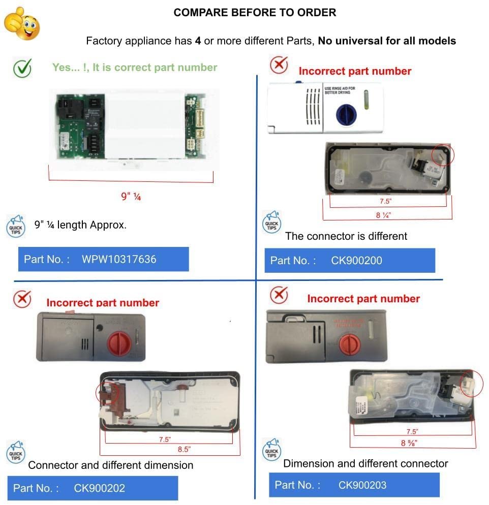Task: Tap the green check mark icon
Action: (22, 68)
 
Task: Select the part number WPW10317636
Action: (119, 259)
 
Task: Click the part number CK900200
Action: (356, 261)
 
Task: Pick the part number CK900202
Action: (100, 488)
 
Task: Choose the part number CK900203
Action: (362, 485)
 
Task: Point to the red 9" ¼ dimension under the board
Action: (131, 196)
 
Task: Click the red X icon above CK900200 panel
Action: (278, 65)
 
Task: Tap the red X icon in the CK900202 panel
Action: (22, 299)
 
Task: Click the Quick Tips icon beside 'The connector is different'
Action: (271, 223)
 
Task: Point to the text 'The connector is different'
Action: (346, 236)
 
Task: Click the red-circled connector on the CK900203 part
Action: (470, 385)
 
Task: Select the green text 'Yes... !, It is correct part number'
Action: (135, 68)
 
